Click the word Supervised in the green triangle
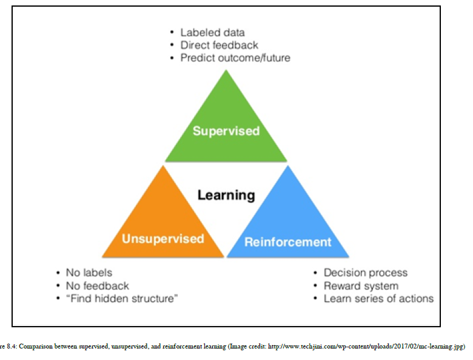point(226,131)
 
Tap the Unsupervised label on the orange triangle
point(163,238)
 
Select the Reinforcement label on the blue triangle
point(288,242)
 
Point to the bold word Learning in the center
point(226,195)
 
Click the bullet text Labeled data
point(212,32)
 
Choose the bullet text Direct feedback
point(219,45)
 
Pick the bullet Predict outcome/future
point(235,58)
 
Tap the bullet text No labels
point(89,273)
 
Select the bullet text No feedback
point(98,285)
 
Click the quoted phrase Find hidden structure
point(121,298)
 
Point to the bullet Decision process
point(366,273)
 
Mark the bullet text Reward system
point(361,285)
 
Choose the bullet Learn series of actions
point(378,298)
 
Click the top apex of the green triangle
point(226,70)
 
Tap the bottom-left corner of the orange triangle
point(102,257)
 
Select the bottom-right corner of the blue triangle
point(349,257)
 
